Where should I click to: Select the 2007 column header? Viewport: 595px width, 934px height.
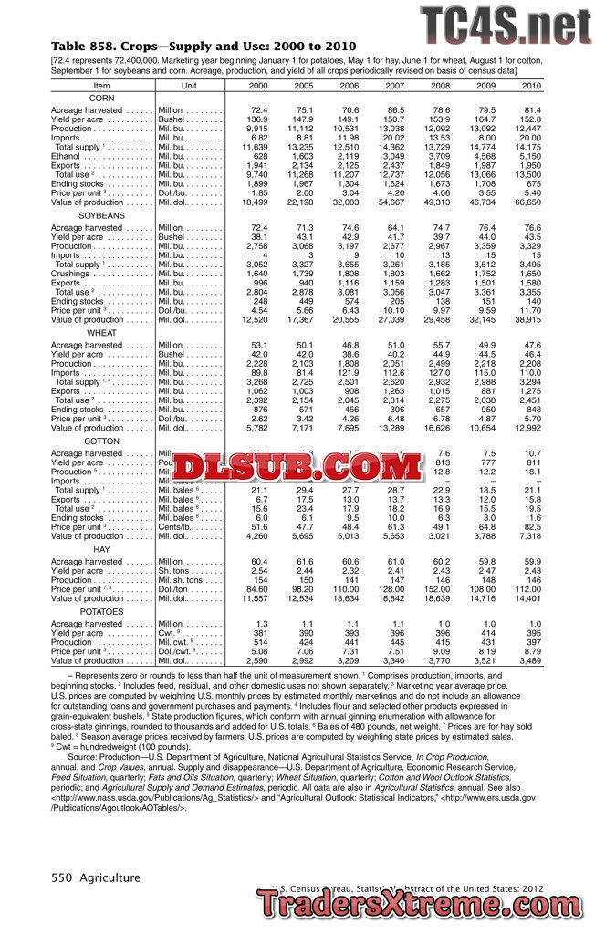(x=394, y=85)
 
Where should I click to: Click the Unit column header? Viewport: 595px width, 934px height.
(x=189, y=85)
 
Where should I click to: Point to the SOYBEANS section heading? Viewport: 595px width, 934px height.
(x=102, y=214)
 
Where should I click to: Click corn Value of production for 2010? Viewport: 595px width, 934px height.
(x=526, y=202)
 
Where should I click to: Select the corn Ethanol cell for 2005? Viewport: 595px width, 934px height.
(x=302, y=157)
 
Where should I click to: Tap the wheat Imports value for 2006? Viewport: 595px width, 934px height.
(x=348, y=372)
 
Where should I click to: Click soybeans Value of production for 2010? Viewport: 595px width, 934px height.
(x=526, y=319)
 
